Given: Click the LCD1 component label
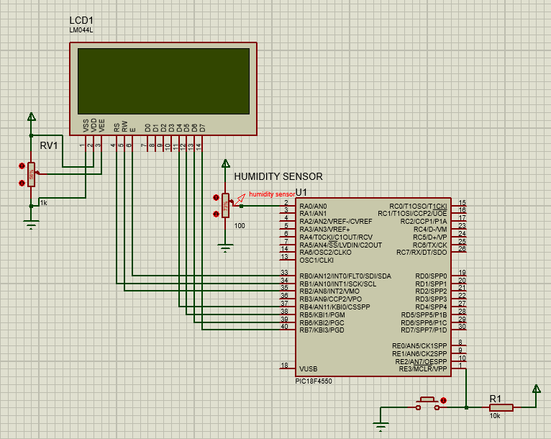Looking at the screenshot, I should pos(82,19).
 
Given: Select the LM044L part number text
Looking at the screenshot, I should pos(81,30).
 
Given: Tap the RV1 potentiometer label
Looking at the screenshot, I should pos(49,145).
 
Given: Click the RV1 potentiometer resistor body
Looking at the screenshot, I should pos(31,173).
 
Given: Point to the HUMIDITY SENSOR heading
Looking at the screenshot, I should pos(278,176).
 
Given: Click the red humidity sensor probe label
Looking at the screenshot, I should pos(271,194).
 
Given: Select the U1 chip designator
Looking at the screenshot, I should pos(301,192).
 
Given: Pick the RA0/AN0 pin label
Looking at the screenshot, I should pos(313,206).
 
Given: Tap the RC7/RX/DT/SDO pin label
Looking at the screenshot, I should pos(422,252).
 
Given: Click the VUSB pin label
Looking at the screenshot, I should pos(309,368).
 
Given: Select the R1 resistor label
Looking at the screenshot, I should pos(495,398).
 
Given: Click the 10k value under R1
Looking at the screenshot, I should pos(495,416).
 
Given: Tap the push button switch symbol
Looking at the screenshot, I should pos(428,403).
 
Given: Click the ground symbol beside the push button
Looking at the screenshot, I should pos(381,424).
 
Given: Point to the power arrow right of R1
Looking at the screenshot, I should pos(536,389).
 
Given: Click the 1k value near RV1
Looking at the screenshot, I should pos(44,202).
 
